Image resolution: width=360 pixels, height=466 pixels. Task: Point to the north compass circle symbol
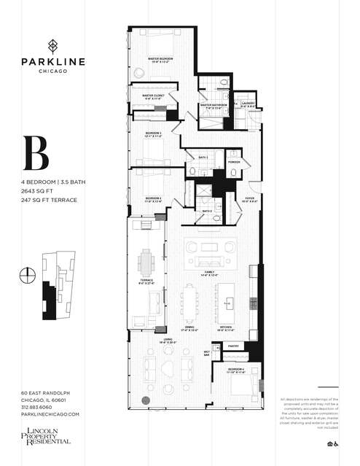click(x=28, y=275)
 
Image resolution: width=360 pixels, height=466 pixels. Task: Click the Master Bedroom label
click(x=160, y=58)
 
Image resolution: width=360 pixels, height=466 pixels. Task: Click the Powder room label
click(x=234, y=162)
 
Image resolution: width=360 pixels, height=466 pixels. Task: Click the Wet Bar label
click(x=208, y=353)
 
